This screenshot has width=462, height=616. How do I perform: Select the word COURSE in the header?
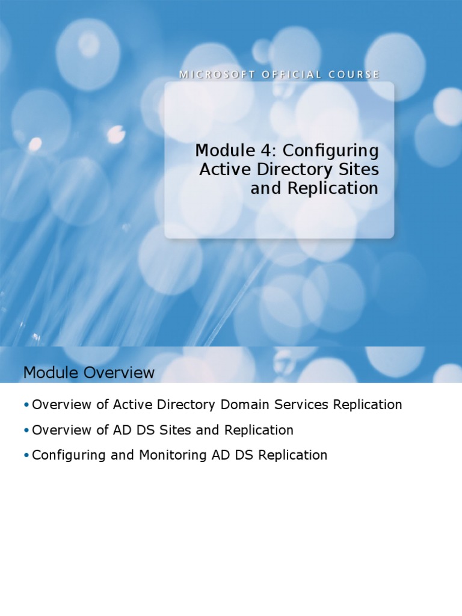click(x=354, y=75)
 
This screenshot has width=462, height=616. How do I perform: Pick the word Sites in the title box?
click(x=360, y=169)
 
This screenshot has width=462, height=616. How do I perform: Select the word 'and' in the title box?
click(x=262, y=188)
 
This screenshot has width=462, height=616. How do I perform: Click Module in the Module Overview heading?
click(x=51, y=373)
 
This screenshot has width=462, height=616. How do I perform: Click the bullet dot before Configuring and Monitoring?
click(x=26, y=455)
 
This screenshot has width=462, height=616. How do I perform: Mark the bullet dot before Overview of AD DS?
click(x=26, y=430)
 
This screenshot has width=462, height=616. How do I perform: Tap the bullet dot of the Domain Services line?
click(x=26, y=405)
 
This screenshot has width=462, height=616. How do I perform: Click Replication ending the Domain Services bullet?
click(x=367, y=405)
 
